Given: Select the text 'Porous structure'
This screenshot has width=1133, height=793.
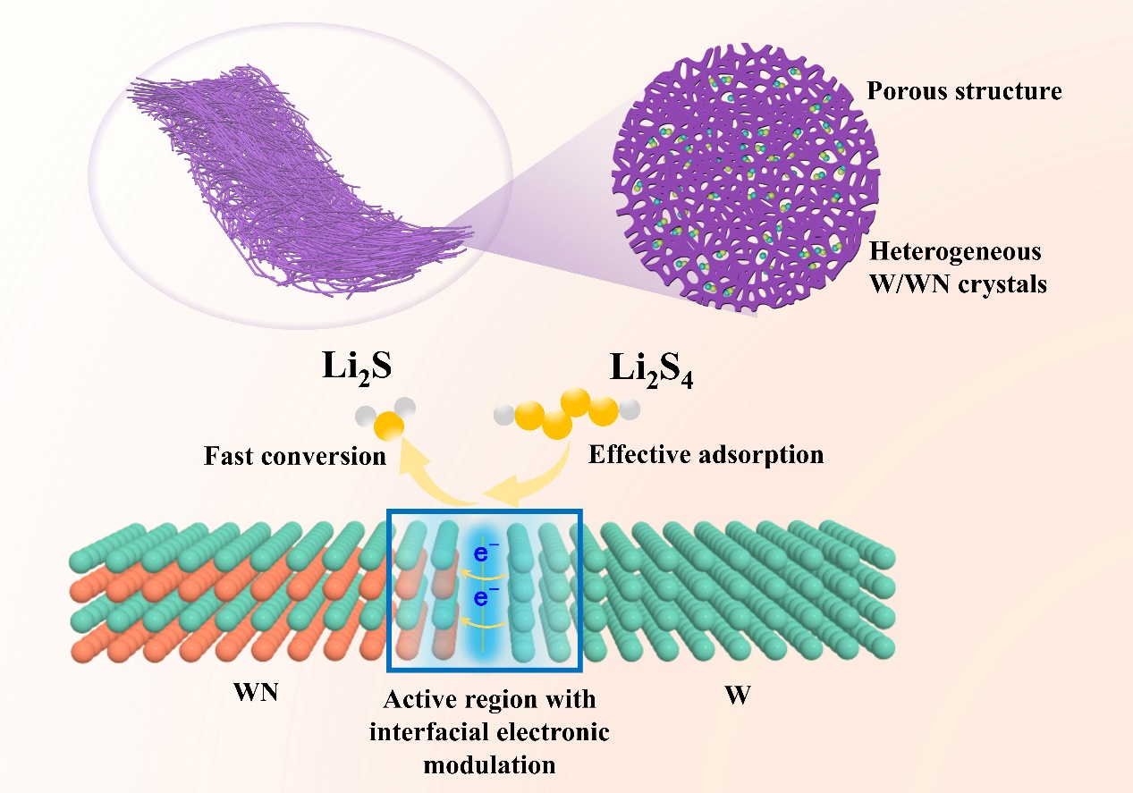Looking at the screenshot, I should pos(964,91).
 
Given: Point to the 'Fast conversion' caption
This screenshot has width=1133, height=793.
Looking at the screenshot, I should pos(295,456).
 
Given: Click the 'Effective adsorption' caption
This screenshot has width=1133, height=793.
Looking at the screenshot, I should pos(706,454).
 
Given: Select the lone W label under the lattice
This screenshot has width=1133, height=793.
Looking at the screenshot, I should pos(737,696).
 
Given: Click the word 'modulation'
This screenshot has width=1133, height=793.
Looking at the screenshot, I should pos(489,765).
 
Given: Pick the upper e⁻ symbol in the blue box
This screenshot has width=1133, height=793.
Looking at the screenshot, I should pos(482,555).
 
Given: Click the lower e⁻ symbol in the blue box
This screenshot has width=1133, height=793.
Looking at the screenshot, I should pos(482,596).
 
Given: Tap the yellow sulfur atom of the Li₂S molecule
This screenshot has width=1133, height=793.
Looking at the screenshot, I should pos(389,426).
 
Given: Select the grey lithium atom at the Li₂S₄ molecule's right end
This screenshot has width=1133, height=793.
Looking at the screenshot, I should pos(629,410).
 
